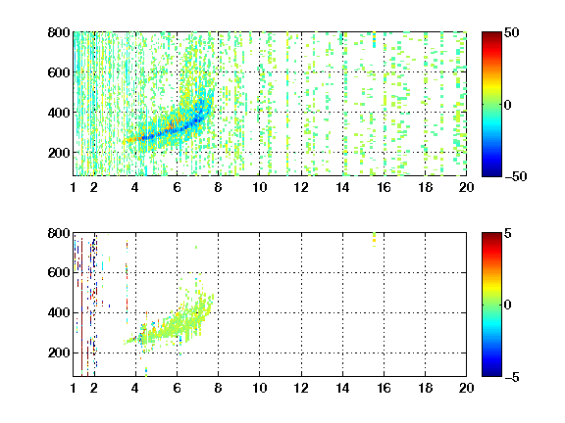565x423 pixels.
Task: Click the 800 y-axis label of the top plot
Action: point(59,32)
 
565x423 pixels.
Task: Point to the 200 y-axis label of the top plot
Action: point(59,153)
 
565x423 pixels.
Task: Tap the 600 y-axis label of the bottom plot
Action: point(59,272)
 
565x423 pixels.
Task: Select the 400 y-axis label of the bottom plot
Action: point(59,312)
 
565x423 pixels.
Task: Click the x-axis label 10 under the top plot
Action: point(259,187)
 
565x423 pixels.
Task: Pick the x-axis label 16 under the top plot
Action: point(384,187)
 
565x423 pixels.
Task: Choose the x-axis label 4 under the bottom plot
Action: point(135,388)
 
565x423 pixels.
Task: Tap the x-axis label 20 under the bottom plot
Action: point(466,388)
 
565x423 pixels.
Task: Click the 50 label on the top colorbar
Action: point(512,32)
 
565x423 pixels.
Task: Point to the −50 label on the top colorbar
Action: point(516,176)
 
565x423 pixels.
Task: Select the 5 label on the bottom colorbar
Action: point(508,233)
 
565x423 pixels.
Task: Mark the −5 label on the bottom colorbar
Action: point(512,377)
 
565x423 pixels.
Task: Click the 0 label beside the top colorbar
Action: point(508,105)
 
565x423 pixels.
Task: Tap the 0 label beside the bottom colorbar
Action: point(508,305)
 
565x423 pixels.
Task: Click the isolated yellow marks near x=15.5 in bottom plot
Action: point(374,240)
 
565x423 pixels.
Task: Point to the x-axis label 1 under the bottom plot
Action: point(74,388)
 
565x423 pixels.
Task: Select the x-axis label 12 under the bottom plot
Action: point(301,388)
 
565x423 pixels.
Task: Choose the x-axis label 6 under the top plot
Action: point(177,187)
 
